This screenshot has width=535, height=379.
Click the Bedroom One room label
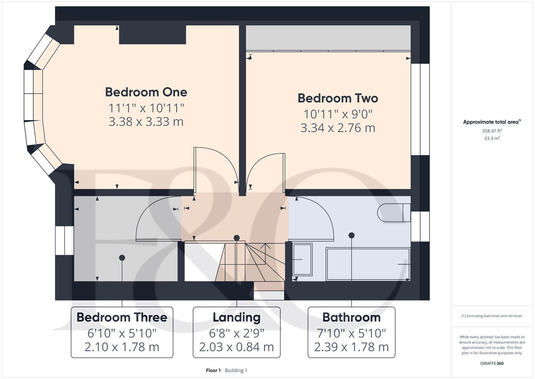[x=146, y=92]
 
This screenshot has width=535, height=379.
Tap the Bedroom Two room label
[x=338, y=98]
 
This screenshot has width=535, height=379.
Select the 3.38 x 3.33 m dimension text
[x=146, y=121]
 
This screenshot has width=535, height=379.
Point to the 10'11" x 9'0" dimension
[x=338, y=114]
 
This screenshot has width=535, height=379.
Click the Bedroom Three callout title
[x=122, y=317]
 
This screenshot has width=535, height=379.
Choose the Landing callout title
[x=236, y=318]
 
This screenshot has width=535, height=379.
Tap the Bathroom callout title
[x=351, y=317]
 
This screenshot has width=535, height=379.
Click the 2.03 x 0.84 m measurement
[x=236, y=347]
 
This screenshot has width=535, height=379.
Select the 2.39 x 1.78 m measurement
[x=351, y=347]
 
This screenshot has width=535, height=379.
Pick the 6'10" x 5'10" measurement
[x=122, y=333]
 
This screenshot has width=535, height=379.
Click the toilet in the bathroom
[x=394, y=212]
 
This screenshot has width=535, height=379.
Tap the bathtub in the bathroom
[x=368, y=264]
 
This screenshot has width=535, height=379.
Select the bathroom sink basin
[x=302, y=259]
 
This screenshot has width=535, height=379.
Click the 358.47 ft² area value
[x=492, y=131]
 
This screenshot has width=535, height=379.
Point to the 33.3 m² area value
[x=492, y=138]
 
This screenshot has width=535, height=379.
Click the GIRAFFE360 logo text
[x=492, y=363]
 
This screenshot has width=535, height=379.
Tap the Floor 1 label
[x=213, y=370]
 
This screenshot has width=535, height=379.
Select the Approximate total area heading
[x=492, y=122]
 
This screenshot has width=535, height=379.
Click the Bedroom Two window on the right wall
[x=420, y=109]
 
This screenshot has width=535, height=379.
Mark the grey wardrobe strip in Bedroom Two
[x=328, y=38]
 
